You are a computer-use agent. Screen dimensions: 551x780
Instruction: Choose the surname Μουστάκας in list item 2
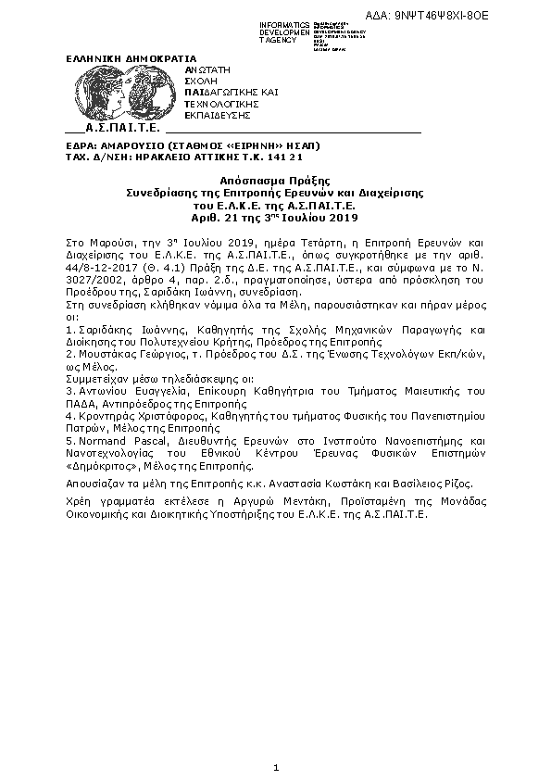pos(110,356)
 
